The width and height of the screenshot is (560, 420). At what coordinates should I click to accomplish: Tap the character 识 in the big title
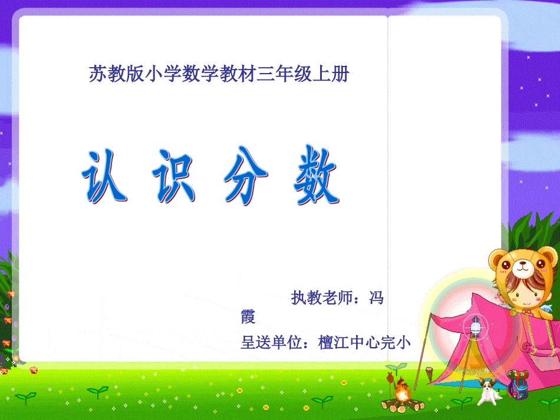point(174,177)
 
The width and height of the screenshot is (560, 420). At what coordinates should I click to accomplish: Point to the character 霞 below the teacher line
point(248,317)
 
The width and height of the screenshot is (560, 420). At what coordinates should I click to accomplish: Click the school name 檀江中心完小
point(364,342)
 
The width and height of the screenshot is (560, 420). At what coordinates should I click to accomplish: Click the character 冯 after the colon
point(375,298)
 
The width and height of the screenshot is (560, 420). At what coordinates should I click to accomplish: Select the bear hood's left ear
point(498,257)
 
